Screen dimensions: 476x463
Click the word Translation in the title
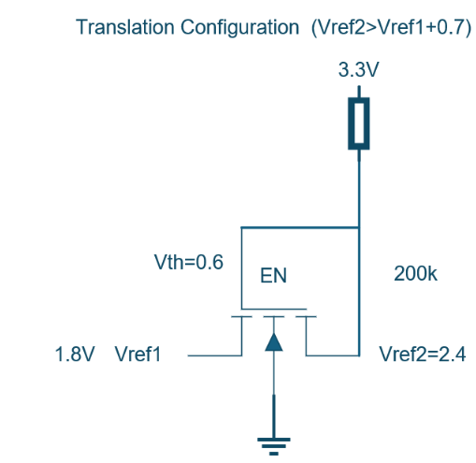pyautogui.click(x=125, y=27)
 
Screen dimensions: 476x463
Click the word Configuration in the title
pyautogui.click(x=239, y=28)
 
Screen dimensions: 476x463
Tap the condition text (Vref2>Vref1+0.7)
pyautogui.click(x=392, y=28)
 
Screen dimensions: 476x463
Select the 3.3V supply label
pyautogui.click(x=358, y=69)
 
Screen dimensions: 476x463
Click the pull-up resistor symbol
pyautogui.click(x=359, y=123)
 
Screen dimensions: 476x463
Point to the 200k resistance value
pyautogui.click(x=415, y=274)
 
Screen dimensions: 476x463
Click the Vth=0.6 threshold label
pyautogui.click(x=189, y=262)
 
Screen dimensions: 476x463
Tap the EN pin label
pyautogui.click(x=273, y=276)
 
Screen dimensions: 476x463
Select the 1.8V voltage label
pyautogui.click(x=75, y=354)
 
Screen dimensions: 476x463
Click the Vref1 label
pyautogui.click(x=137, y=354)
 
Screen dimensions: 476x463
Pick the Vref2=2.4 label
pyautogui.click(x=423, y=354)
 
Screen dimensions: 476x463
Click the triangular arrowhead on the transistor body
pyautogui.click(x=274, y=342)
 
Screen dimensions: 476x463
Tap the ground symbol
pyautogui.click(x=274, y=446)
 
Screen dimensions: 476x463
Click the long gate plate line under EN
pyautogui.click(x=274, y=310)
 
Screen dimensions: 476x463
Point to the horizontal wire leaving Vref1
pyautogui.click(x=215, y=355)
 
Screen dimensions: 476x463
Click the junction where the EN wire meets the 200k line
pyautogui.click(x=359, y=227)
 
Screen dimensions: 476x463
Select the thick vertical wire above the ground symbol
pyautogui.click(x=274, y=416)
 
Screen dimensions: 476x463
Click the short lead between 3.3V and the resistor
pyautogui.click(x=359, y=92)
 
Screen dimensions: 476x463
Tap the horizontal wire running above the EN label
pyautogui.click(x=300, y=227)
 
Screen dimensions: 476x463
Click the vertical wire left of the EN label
pyautogui.click(x=241, y=268)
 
